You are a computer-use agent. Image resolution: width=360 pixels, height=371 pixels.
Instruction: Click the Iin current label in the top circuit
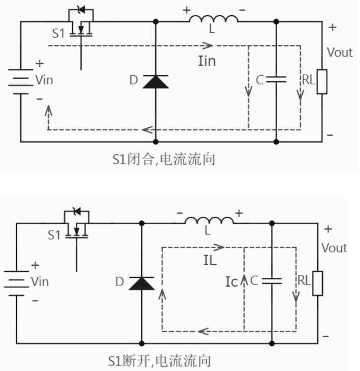coord(207,61)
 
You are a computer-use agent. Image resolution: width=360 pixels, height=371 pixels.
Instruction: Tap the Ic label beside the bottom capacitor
coord(232,282)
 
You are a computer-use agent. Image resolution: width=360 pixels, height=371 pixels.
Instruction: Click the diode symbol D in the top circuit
coord(155,81)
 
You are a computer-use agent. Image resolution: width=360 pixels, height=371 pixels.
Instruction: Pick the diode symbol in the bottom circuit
coord(141,283)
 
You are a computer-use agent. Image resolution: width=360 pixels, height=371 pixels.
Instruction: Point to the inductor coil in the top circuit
coord(213,19)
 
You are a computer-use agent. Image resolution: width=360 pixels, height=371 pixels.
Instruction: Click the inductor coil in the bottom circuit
coord(209,220)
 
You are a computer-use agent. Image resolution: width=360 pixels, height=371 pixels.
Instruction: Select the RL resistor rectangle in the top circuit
coord(321,81)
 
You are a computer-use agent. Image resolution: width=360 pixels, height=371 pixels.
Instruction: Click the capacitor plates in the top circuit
coord(276,79)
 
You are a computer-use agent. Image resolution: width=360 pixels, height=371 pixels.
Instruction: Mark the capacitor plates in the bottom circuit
coord(271,281)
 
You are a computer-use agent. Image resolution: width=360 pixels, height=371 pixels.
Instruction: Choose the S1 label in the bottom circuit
coord(54,235)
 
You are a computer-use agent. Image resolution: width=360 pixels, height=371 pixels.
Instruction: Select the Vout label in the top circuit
coord(340,52)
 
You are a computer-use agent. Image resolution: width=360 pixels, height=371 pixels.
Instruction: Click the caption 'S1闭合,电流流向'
coord(163,159)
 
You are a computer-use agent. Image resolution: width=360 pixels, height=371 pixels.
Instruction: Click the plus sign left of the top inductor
coord(186,9)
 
